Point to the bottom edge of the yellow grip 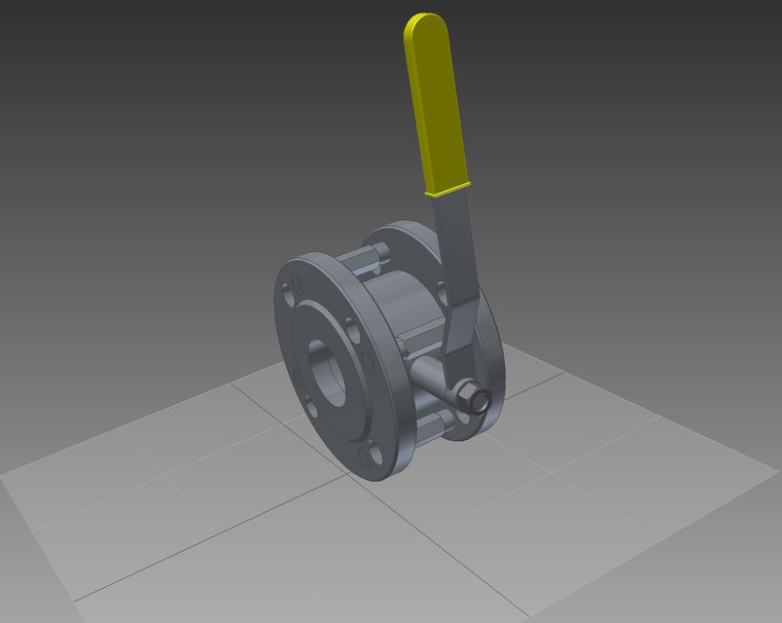[448, 190]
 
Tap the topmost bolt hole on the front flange [295, 289]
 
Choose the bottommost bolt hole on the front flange [368, 458]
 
